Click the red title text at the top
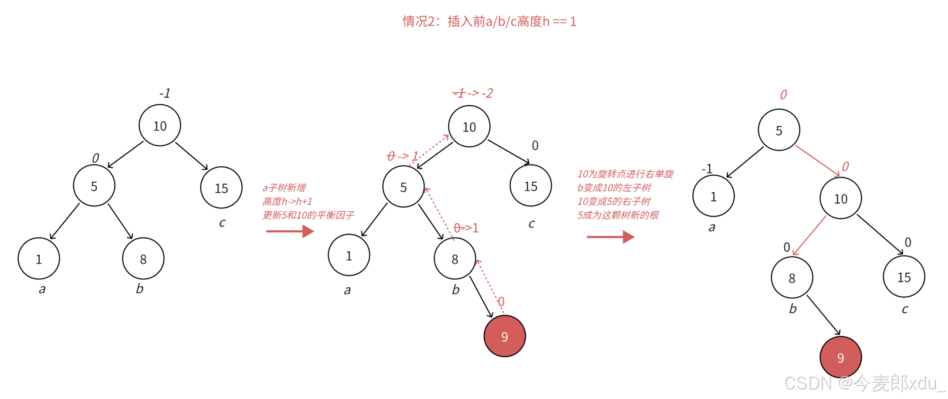pyautogui.click(x=489, y=21)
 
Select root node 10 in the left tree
pyautogui.click(x=160, y=126)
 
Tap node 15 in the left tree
pyautogui.click(x=221, y=188)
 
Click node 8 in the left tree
pyautogui.click(x=143, y=259)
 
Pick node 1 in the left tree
pyautogui.click(x=39, y=259)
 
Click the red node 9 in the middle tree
pyautogui.click(x=504, y=336)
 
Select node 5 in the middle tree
pyautogui.click(x=403, y=187)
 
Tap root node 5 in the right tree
pyautogui.click(x=779, y=130)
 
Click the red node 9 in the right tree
pyautogui.click(x=840, y=357)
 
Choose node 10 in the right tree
pyautogui.click(x=840, y=198)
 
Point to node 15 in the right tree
pyautogui.click(x=904, y=277)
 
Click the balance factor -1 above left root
pyautogui.click(x=165, y=94)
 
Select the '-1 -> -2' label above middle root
pyautogui.click(x=473, y=93)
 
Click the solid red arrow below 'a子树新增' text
pyautogui.click(x=290, y=231)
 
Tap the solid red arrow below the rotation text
pyautogui.click(x=610, y=237)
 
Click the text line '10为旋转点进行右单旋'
pyautogui.click(x=625, y=174)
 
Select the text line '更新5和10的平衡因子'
pyautogui.click(x=308, y=215)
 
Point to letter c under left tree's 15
pyautogui.click(x=222, y=223)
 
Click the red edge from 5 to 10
pyautogui.click(x=817, y=161)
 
